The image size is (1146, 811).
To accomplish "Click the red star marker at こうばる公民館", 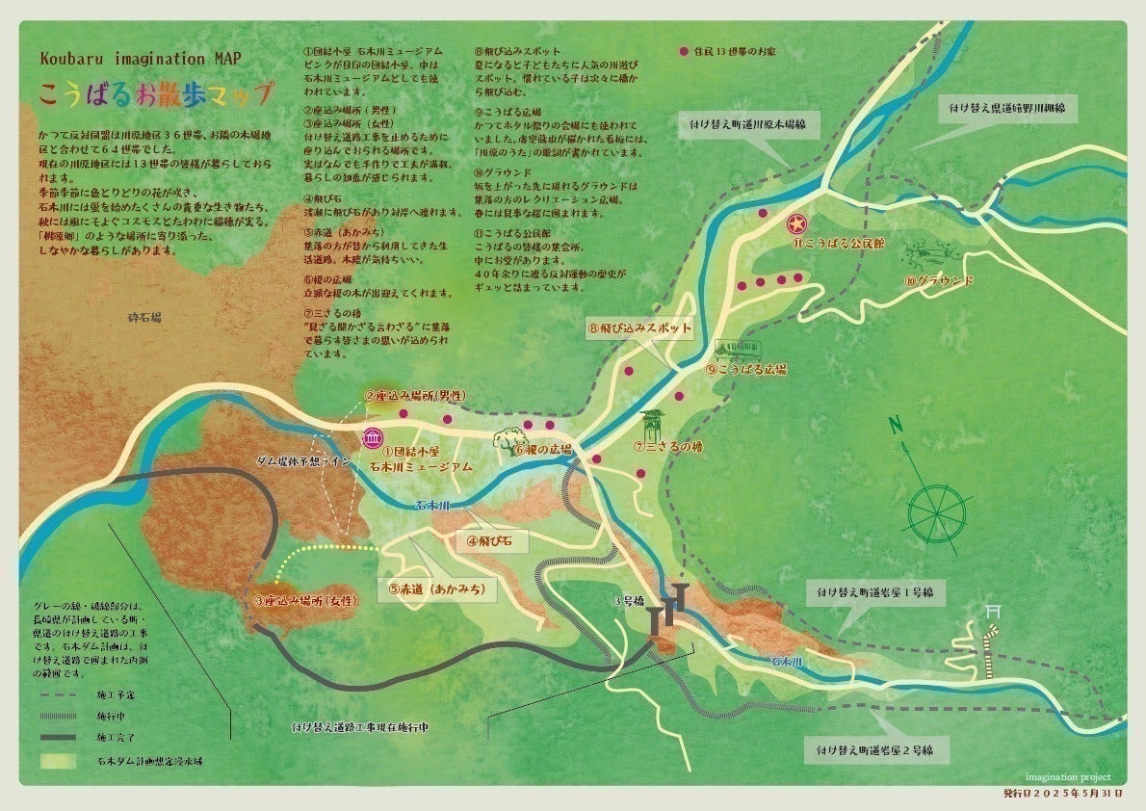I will tap(797, 224).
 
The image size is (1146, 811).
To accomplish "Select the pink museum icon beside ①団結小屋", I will tap(371, 438).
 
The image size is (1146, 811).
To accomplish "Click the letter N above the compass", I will tap(896, 425).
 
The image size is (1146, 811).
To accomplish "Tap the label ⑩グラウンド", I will tap(938, 281).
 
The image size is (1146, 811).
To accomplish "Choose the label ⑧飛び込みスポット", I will tap(639, 327).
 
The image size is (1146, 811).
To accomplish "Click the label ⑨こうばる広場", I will tap(746, 369).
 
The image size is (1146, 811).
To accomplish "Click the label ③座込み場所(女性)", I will tap(304, 600).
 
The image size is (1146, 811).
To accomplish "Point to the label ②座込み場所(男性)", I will tap(415, 395).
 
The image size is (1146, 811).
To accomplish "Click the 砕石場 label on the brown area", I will tap(144, 316).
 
